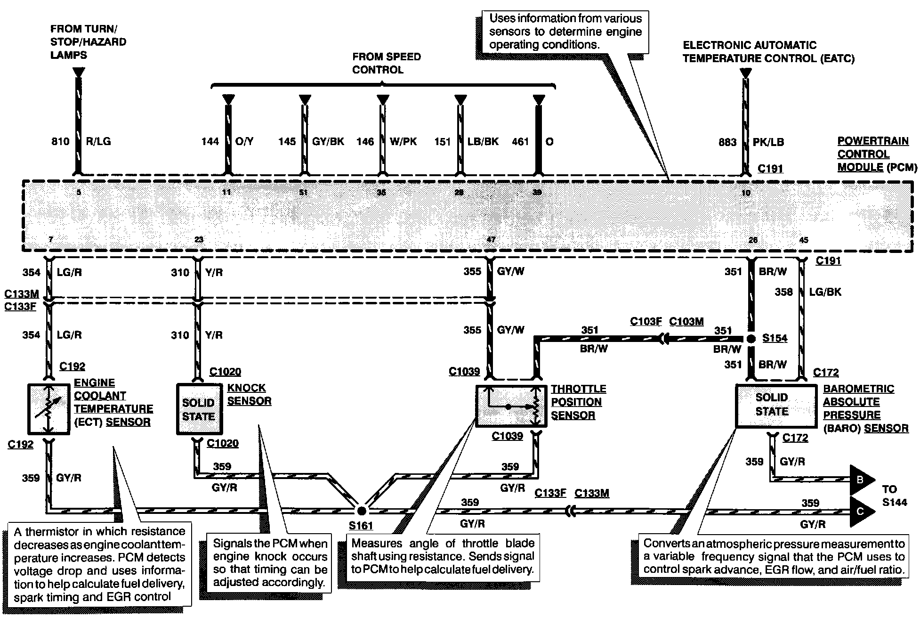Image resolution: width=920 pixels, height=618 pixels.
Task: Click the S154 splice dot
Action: pos(751,339)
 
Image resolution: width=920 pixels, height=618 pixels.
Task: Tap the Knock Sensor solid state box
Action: pos(199,409)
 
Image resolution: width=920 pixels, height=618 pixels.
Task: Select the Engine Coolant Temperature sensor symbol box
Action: pos(48,409)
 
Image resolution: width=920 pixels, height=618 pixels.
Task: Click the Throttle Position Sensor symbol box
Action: pos(511,406)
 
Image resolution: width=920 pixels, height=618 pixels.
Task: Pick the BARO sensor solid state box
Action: pos(775,406)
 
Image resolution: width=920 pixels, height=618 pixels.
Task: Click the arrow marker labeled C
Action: pos(860,511)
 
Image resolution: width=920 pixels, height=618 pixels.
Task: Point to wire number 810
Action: pos(60,141)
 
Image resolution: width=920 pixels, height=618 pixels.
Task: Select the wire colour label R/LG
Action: pos(99,141)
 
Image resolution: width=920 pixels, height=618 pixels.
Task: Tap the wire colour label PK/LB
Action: pos(768,142)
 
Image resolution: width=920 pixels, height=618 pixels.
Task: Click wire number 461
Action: pos(520,141)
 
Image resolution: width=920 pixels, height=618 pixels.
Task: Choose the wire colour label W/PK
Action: pos(404,141)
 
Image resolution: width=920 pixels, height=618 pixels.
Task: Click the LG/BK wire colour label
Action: pos(825,292)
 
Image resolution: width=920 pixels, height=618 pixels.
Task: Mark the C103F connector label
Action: pos(646,322)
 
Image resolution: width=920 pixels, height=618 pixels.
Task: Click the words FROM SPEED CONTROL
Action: pos(387,63)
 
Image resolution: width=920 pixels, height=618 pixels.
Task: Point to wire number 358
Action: pos(783,292)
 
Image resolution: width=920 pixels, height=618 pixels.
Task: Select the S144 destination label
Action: pos(894,502)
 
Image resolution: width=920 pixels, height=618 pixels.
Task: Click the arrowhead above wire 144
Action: pos(228,99)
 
